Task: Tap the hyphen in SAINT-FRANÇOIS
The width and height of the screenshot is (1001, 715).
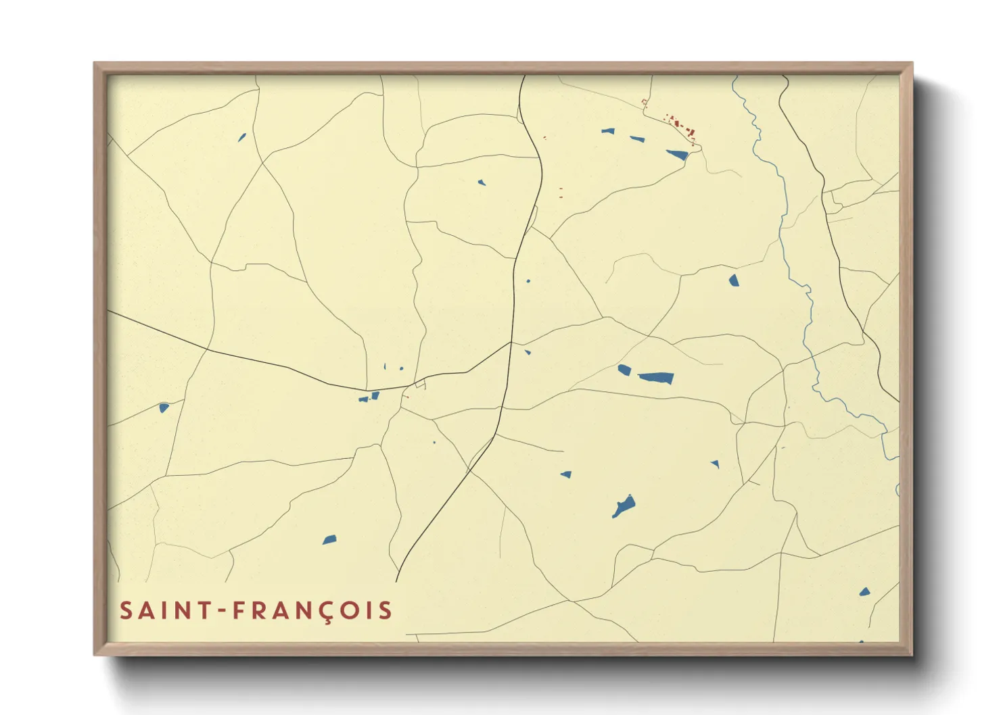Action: coord(221,611)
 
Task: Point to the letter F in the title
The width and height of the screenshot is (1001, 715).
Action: coord(239,611)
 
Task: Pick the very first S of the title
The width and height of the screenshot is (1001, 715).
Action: coord(126,611)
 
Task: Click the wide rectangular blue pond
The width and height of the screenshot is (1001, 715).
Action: coord(656,377)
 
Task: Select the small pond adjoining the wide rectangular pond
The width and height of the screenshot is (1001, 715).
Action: coord(624,370)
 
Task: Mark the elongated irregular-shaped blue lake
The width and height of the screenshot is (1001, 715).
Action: coord(623,506)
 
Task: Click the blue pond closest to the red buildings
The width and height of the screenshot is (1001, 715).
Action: coord(677,155)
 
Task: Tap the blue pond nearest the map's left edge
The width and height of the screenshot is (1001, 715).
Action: coord(164,408)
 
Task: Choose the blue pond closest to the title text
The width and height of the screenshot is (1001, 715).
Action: coord(329,539)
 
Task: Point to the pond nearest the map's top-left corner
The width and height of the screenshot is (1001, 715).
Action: coord(241,138)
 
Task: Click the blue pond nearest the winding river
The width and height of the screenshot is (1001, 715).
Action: coord(734,280)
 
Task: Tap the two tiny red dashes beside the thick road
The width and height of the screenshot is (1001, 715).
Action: coord(561,193)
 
